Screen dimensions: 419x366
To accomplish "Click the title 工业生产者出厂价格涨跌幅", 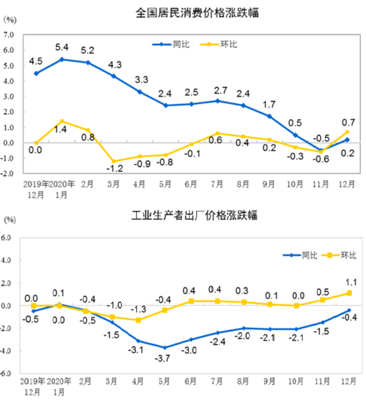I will point(194,216).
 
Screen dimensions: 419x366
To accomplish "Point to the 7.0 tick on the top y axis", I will point(8,35).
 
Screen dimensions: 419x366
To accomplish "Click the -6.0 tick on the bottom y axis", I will point(6,373).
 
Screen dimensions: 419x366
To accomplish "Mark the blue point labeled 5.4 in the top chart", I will point(62,59).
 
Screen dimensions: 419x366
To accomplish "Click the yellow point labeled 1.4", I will point(62,121).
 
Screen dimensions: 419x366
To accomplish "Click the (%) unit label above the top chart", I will point(11,19).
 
